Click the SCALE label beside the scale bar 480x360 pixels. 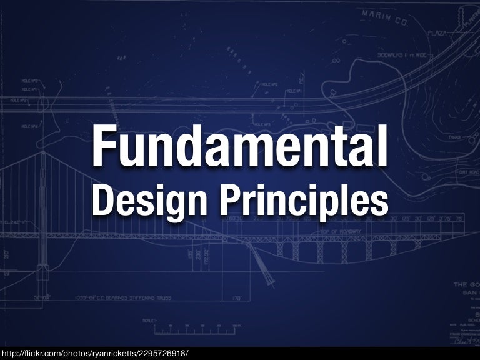pyautogui.click(x=148, y=320)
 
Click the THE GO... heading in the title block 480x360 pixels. pyautogui.click(x=466, y=285)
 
